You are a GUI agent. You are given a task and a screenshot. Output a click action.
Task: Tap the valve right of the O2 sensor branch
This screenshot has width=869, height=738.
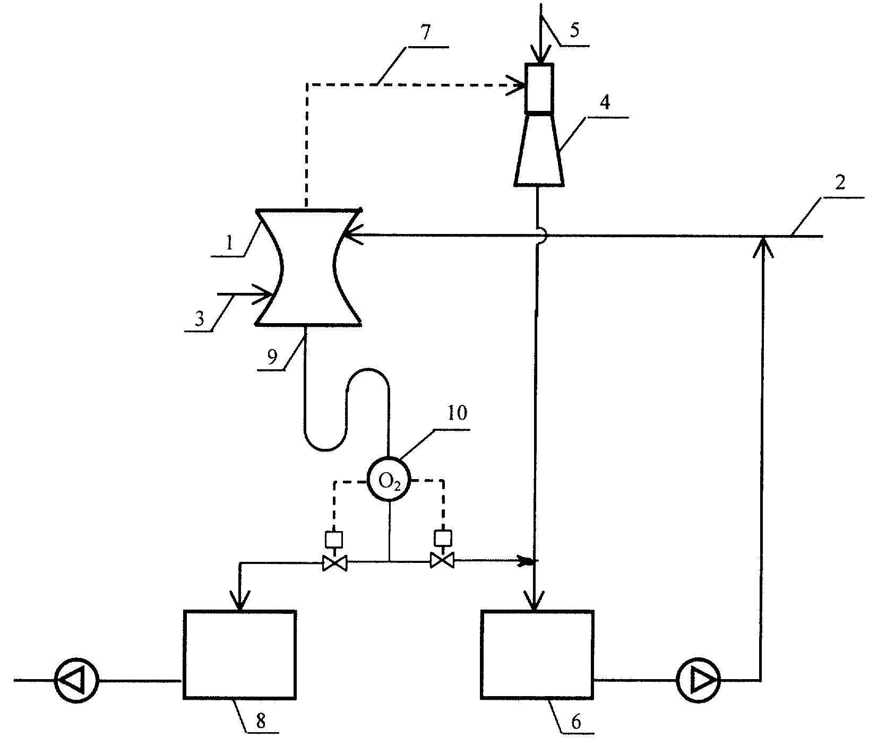[442, 561]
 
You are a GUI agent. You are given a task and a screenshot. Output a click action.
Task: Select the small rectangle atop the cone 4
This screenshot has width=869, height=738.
[539, 88]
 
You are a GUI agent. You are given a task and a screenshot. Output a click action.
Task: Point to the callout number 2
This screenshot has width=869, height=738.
[839, 183]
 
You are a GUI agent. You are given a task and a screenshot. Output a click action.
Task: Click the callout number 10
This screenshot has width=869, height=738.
[457, 412]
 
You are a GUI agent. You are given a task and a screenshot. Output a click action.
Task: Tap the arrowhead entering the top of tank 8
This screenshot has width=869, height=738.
[240, 601]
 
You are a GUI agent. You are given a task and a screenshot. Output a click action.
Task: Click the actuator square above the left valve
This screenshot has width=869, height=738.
[334, 539]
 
